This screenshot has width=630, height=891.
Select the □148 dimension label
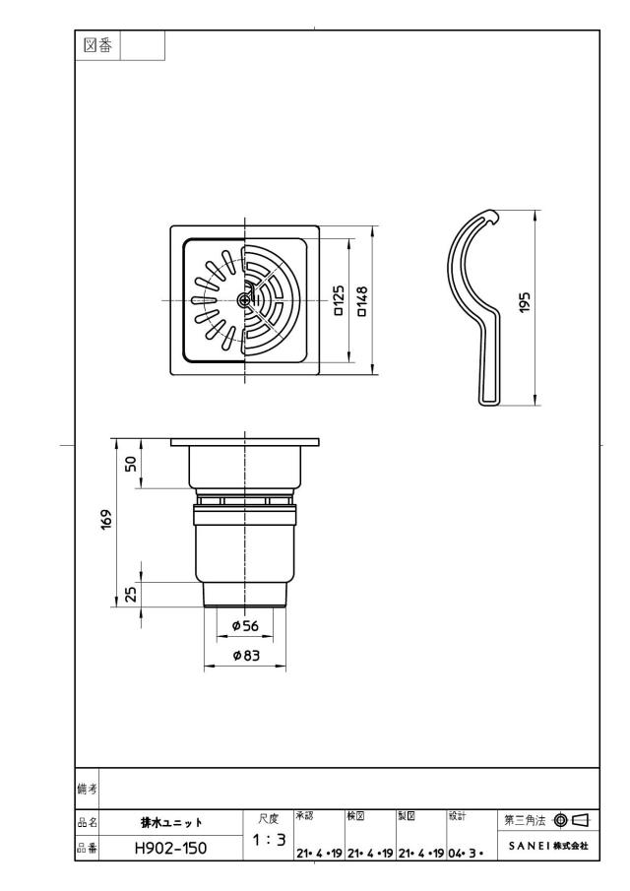[x=361, y=301]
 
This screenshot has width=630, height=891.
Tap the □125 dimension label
[x=338, y=300]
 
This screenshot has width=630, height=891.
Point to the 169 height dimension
[x=106, y=520]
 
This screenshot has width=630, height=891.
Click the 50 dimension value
[x=131, y=464]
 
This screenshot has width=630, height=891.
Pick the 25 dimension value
[x=131, y=594]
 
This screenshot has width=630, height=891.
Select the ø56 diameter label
[x=245, y=625]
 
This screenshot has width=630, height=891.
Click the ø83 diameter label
[x=246, y=655]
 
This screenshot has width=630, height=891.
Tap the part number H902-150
[x=171, y=849]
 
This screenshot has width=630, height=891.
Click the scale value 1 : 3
[x=270, y=839]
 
